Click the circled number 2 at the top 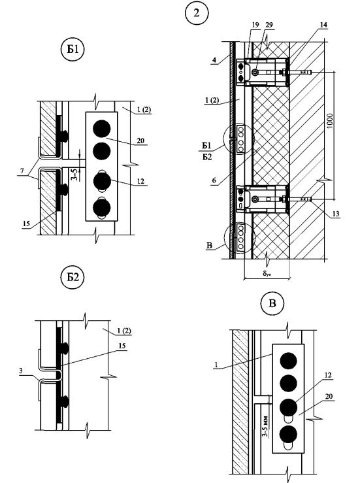click(x=197, y=13)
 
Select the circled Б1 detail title click(x=73, y=49)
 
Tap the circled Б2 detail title click(x=73, y=277)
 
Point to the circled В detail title click(x=272, y=303)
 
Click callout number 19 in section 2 click(x=255, y=25)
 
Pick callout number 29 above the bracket click(x=269, y=25)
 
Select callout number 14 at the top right click(x=323, y=25)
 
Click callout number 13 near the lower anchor click(x=336, y=214)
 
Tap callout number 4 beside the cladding click(x=215, y=59)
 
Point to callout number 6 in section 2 click(x=214, y=180)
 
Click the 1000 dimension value click(x=330, y=121)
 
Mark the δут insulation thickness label click(x=267, y=273)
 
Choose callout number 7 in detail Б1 click(x=22, y=171)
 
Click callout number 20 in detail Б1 click(x=140, y=141)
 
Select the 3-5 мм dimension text click(x=265, y=426)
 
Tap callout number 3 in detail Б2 click(x=21, y=371)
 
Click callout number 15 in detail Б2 click(x=122, y=346)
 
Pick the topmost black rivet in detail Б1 click(x=102, y=129)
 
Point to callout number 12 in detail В click(x=328, y=375)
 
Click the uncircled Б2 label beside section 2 click(x=207, y=157)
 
